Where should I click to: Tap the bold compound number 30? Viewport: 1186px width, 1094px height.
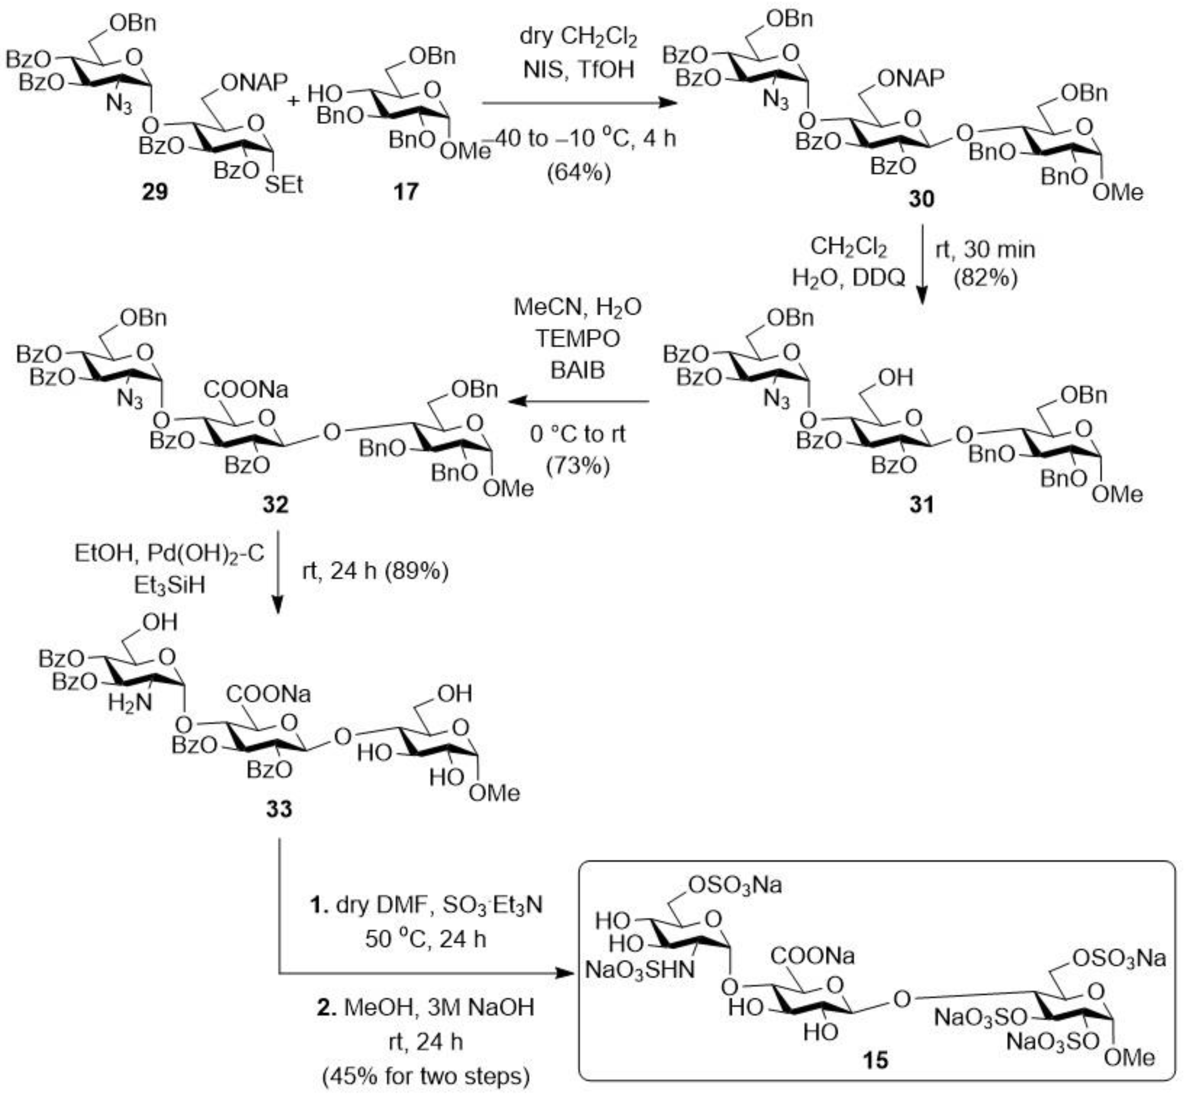tap(921, 199)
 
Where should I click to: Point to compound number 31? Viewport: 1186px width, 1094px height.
tap(921, 504)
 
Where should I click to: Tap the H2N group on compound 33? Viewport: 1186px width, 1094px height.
tap(129, 703)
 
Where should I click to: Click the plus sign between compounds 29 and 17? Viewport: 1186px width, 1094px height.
tap(294, 101)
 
